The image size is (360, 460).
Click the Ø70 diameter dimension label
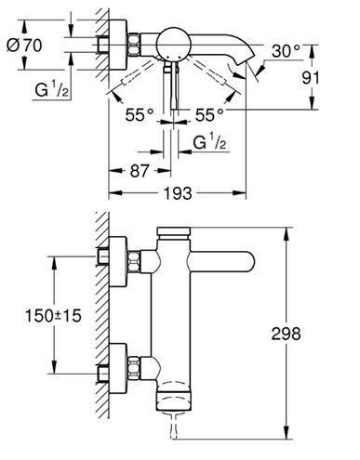pos(24,46)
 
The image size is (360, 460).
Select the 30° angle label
pos(286,51)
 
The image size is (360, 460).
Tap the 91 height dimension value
pos(311,78)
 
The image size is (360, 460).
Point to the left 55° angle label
pos(140,115)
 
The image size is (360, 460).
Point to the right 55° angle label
pos(209,115)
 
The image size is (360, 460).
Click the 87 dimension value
pos(140,171)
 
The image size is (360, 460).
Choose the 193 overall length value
pos(178,193)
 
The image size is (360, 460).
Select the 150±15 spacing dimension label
pos(53,316)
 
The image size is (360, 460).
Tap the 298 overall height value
pos(286,334)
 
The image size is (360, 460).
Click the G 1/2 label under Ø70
pos(51,90)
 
